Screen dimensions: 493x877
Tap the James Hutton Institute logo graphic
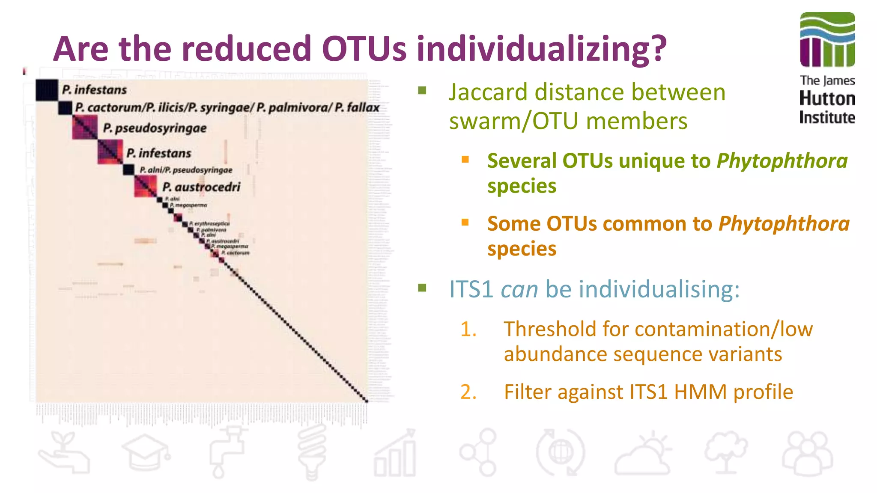[x=827, y=39]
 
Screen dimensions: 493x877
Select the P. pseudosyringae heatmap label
[x=155, y=128]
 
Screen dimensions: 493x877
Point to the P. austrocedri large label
[x=201, y=187]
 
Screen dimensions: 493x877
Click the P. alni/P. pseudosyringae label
[x=186, y=170]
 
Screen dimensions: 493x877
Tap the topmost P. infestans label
[x=94, y=90]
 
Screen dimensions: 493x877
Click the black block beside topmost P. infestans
[x=47, y=90]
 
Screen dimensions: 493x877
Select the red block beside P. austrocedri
[x=145, y=187]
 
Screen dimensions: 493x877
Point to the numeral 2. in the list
[x=468, y=392]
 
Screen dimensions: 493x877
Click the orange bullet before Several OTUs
[x=465, y=160]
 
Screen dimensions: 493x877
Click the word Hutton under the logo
[x=827, y=99]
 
